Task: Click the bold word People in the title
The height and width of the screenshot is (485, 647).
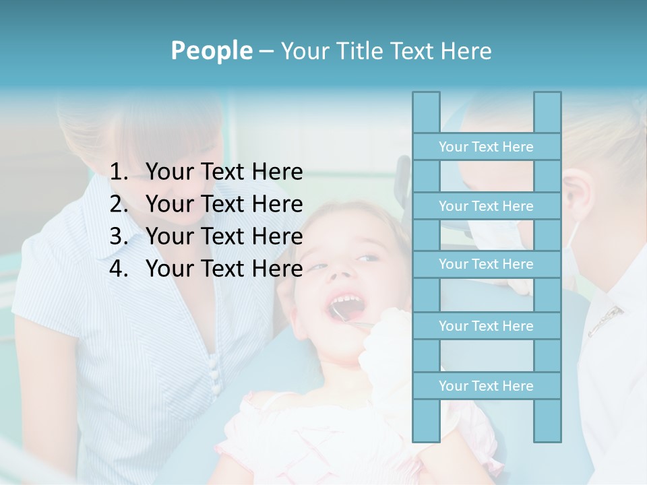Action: pyautogui.click(x=211, y=51)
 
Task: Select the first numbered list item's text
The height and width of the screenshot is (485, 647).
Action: pyautogui.click(x=224, y=172)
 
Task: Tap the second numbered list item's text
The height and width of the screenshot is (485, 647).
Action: pyautogui.click(x=224, y=204)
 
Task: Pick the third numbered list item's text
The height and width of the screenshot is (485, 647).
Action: pyautogui.click(x=224, y=236)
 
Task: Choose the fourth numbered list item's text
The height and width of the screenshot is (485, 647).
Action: pyautogui.click(x=224, y=269)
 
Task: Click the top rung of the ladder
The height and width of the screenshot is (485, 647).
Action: pyautogui.click(x=486, y=147)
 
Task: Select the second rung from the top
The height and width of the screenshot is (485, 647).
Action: pyautogui.click(x=486, y=206)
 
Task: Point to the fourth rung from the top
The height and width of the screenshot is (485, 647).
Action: pyautogui.click(x=486, y=326)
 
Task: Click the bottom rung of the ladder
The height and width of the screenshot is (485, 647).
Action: pyautogui.click(x=486, y=386)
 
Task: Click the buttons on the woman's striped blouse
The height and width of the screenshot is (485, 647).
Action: pyautogui.click(x=214, y=374)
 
